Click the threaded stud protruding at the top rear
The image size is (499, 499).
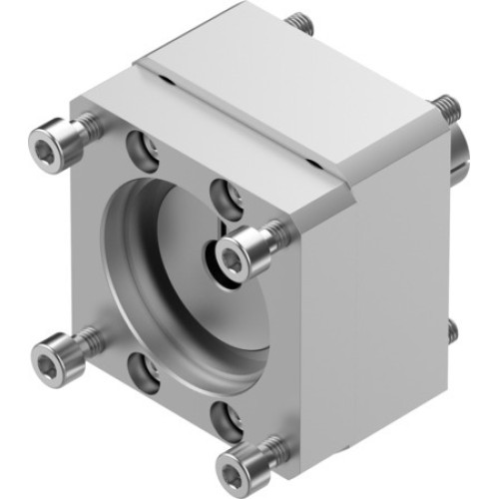coord(297,22)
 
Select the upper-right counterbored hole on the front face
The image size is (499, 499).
coord(226,196)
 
